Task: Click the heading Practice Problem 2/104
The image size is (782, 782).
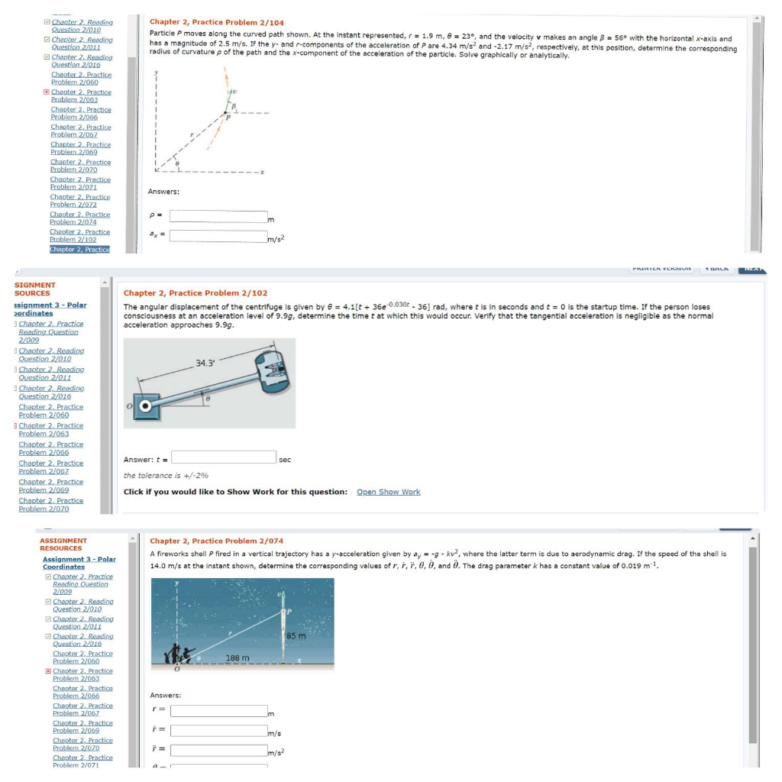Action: coord(216,23)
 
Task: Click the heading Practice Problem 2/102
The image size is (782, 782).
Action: coord(195,293)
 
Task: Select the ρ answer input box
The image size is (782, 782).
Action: coord(218,217)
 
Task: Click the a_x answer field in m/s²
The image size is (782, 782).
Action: coord(218,236)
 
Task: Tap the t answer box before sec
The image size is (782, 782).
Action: coord(224,457)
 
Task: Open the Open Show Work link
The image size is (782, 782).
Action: coord(388,492)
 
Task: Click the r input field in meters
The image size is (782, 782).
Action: coord(218,712)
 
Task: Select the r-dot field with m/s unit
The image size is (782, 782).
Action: coord(218,731)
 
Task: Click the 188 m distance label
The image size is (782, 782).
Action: coord(238,658)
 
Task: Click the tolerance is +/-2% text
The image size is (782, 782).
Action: coord(166,476)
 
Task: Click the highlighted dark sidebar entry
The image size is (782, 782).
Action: coord(79,249)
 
